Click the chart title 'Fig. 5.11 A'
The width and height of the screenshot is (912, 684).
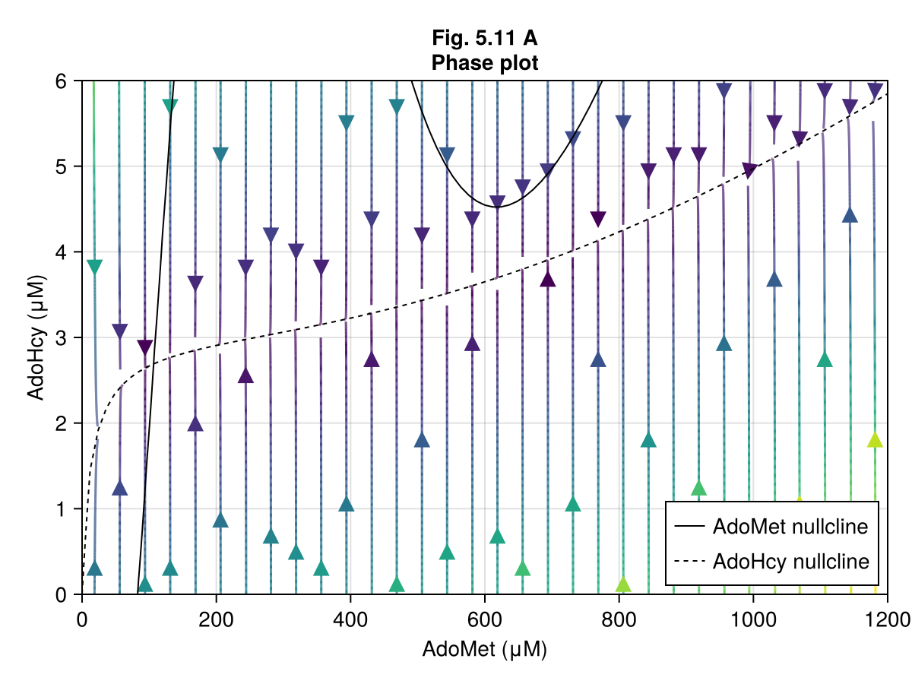click(484, 38)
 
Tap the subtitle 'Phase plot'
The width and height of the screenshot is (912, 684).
click(484, 62)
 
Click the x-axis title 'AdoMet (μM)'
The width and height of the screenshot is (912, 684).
click(484, 650)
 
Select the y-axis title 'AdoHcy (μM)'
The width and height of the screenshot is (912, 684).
click(35, 337)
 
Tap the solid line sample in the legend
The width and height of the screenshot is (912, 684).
click(689, 526)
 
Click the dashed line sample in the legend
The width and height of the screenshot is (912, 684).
click(689, 562)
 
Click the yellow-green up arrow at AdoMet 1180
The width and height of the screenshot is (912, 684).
click(875, 440)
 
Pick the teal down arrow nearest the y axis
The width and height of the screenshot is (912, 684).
click(94, 267)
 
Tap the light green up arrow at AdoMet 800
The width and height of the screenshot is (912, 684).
click(623, 584)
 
